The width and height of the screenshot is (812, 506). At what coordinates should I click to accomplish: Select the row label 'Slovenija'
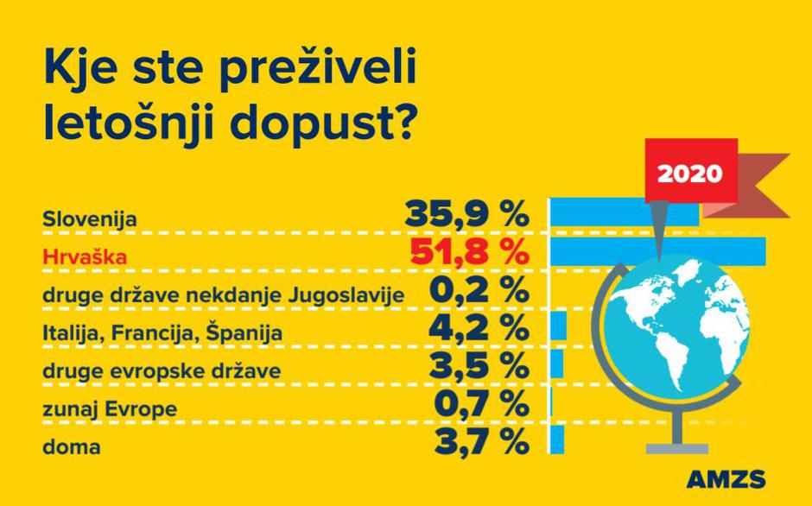90,218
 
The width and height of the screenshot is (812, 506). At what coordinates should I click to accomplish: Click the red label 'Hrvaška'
85,257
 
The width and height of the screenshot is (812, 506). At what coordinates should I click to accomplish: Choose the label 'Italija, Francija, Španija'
162,332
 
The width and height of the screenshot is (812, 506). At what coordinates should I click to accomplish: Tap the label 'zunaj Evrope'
110,408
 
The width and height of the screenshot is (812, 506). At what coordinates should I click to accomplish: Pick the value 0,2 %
479,291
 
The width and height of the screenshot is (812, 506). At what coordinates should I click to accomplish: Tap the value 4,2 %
479,329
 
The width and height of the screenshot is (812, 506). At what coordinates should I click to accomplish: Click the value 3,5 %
479,367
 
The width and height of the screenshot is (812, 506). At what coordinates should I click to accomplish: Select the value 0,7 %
479,404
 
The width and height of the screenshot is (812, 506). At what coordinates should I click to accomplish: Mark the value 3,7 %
479,442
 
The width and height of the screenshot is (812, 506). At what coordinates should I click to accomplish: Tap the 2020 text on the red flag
690,172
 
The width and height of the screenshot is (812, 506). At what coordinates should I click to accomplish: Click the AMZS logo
726,479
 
